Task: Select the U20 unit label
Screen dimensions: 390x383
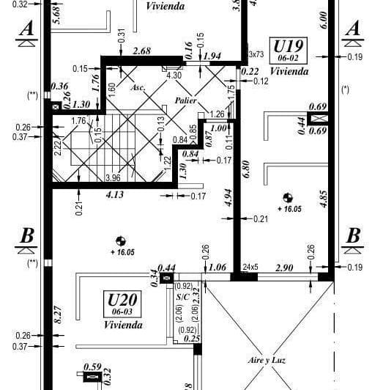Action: coord(122,300)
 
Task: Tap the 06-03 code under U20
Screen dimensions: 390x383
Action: coord(122,312)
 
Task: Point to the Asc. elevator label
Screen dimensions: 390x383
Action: coord(137,87)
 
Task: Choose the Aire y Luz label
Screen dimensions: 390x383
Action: coord(264,361)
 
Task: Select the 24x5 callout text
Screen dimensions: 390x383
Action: coord(250,266)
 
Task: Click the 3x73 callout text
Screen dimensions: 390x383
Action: coord(256,54)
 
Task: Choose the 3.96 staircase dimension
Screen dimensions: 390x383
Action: coord(112,177)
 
